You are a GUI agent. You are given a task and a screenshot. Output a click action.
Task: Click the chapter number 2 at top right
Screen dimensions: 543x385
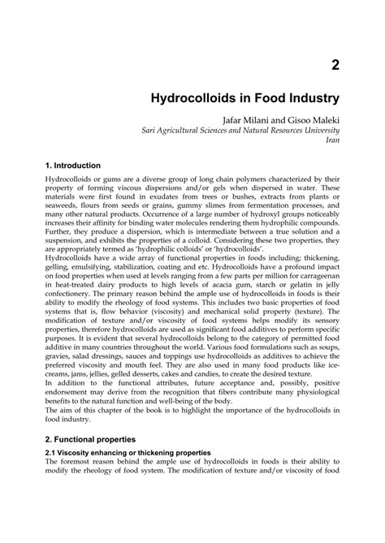(x=333, y=65)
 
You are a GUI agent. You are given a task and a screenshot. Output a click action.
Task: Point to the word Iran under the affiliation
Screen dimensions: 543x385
(x=331, y=140)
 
